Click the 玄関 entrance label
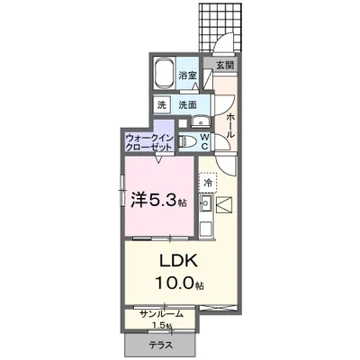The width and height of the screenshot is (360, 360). tap(224, 66)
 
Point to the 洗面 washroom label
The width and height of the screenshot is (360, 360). tap(187, 104)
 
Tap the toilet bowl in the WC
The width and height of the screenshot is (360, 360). tap(188, 140)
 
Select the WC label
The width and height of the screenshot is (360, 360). tap(204, 140)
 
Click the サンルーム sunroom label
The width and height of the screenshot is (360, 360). tap(161, 313)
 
